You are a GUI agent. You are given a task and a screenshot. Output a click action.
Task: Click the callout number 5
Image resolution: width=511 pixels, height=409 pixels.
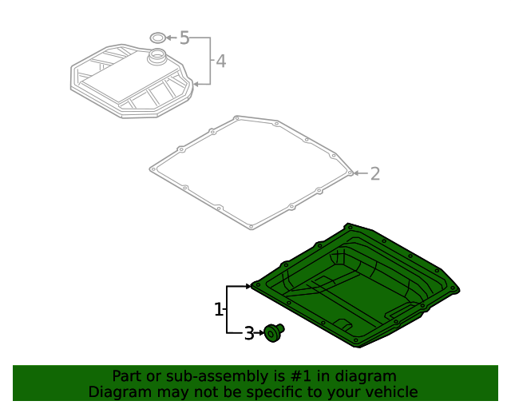[x=184, y=38]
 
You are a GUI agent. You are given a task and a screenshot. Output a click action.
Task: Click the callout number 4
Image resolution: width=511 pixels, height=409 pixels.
[x=220, y=61]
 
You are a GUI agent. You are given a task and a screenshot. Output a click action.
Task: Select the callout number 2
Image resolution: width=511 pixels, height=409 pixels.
[x=374, y=173]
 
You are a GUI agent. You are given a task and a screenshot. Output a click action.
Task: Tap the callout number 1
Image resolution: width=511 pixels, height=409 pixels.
[x=218, y=309]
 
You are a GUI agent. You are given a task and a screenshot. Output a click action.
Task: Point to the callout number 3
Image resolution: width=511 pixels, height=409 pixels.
[x=248, y=332]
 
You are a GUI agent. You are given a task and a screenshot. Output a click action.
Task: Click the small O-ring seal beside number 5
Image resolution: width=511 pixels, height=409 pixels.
[x=159, y=38]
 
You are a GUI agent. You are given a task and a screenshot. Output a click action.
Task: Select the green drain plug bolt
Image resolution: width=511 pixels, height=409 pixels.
[x=274, y=332]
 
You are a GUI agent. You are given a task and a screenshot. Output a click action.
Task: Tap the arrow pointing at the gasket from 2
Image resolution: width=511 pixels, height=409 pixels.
[x=358, y=173]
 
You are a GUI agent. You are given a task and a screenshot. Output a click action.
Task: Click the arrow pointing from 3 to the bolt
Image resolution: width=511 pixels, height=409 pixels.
[x=259, y=332]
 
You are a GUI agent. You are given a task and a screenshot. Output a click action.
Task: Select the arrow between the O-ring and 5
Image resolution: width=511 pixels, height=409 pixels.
[x=172, y=38]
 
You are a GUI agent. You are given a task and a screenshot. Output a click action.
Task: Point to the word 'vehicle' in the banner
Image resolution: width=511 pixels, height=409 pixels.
[x=391, y=391]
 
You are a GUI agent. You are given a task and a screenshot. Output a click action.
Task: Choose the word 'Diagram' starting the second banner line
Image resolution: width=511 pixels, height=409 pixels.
[x=116, y=391]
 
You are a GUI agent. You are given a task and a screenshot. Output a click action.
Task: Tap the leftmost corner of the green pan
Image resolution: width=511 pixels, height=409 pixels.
[x=252, y=285]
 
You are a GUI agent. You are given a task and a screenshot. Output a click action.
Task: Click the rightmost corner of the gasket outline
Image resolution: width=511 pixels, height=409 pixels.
[x=351, y=171]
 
